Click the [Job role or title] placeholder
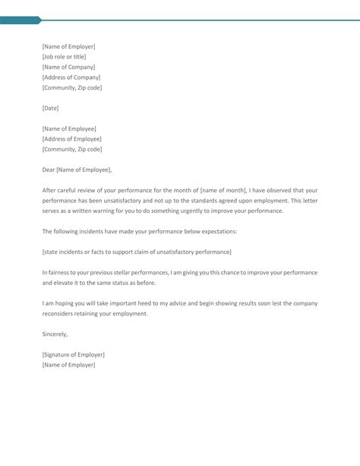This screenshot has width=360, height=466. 64,57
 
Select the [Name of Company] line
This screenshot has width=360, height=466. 68,67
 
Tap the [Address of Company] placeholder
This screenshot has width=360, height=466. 71,78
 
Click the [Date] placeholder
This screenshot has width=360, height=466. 50,108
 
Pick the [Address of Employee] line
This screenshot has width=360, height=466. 71,138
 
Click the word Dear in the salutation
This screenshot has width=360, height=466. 49,169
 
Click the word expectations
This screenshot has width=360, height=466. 217,230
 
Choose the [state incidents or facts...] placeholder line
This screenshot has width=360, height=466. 137,251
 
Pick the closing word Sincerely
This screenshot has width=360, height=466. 55,334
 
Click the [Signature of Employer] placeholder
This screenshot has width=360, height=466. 73,354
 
